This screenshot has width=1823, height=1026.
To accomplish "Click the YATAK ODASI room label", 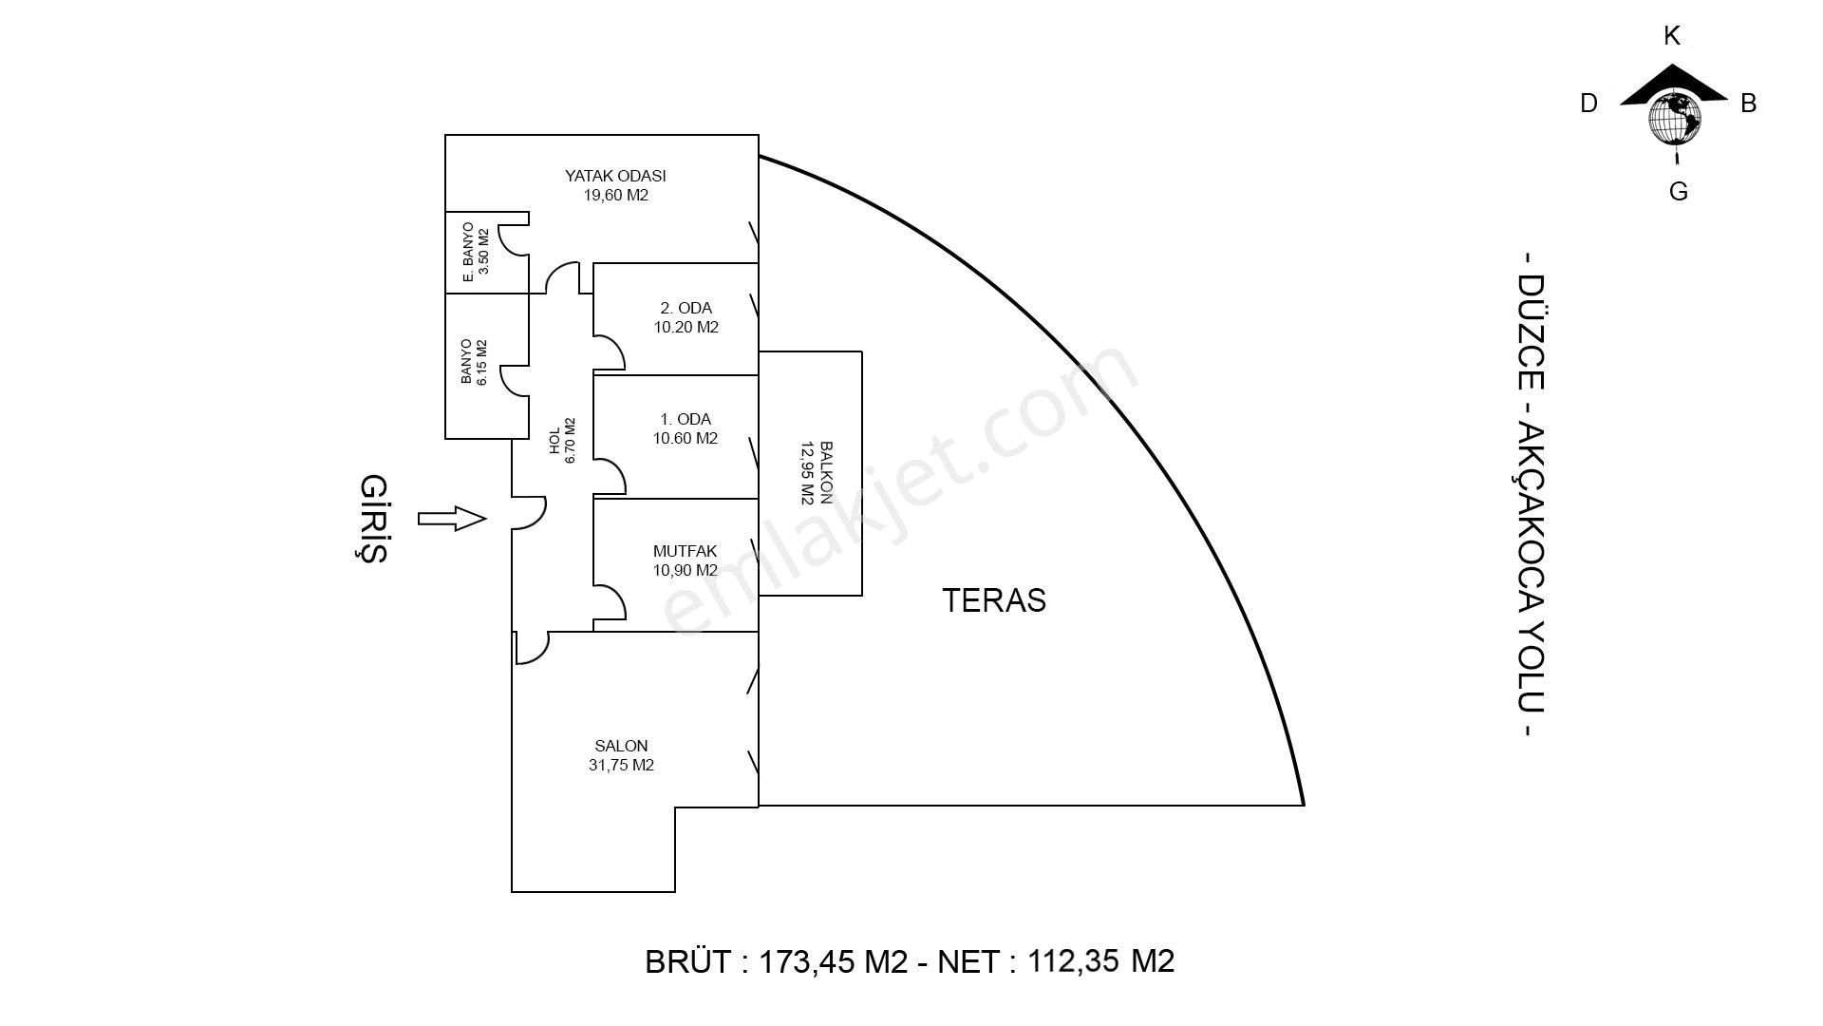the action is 615,176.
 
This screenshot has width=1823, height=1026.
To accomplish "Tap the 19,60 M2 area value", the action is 615,196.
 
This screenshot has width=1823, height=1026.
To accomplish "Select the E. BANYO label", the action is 468,253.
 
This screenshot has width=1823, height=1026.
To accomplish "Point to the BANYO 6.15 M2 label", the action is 474,362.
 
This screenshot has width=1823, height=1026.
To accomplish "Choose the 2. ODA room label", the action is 686,308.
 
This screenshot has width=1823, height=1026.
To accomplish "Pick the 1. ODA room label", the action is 686,419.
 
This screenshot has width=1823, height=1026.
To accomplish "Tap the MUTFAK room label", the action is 685,551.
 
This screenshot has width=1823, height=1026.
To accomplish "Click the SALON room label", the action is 621,746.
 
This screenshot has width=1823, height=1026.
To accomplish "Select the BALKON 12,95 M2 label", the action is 817,472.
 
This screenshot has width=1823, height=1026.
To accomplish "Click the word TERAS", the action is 994,600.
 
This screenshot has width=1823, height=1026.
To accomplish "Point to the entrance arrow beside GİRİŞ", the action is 452,519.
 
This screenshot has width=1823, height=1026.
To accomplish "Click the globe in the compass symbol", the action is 1674,119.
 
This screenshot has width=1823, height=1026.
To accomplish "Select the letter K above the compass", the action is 1672,36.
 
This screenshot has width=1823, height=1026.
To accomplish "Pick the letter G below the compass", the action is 1678,192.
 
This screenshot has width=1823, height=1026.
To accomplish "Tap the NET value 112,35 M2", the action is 1100,961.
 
